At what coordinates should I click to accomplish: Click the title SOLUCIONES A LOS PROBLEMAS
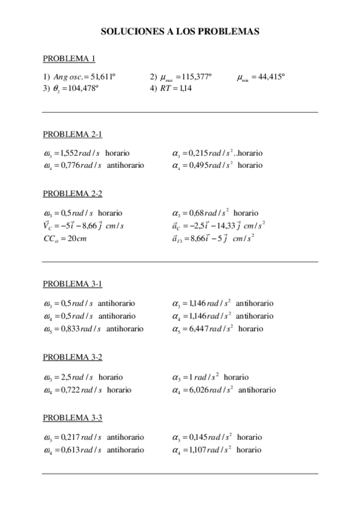180,31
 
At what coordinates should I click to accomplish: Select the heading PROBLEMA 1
69,58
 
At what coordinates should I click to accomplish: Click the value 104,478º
81,88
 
